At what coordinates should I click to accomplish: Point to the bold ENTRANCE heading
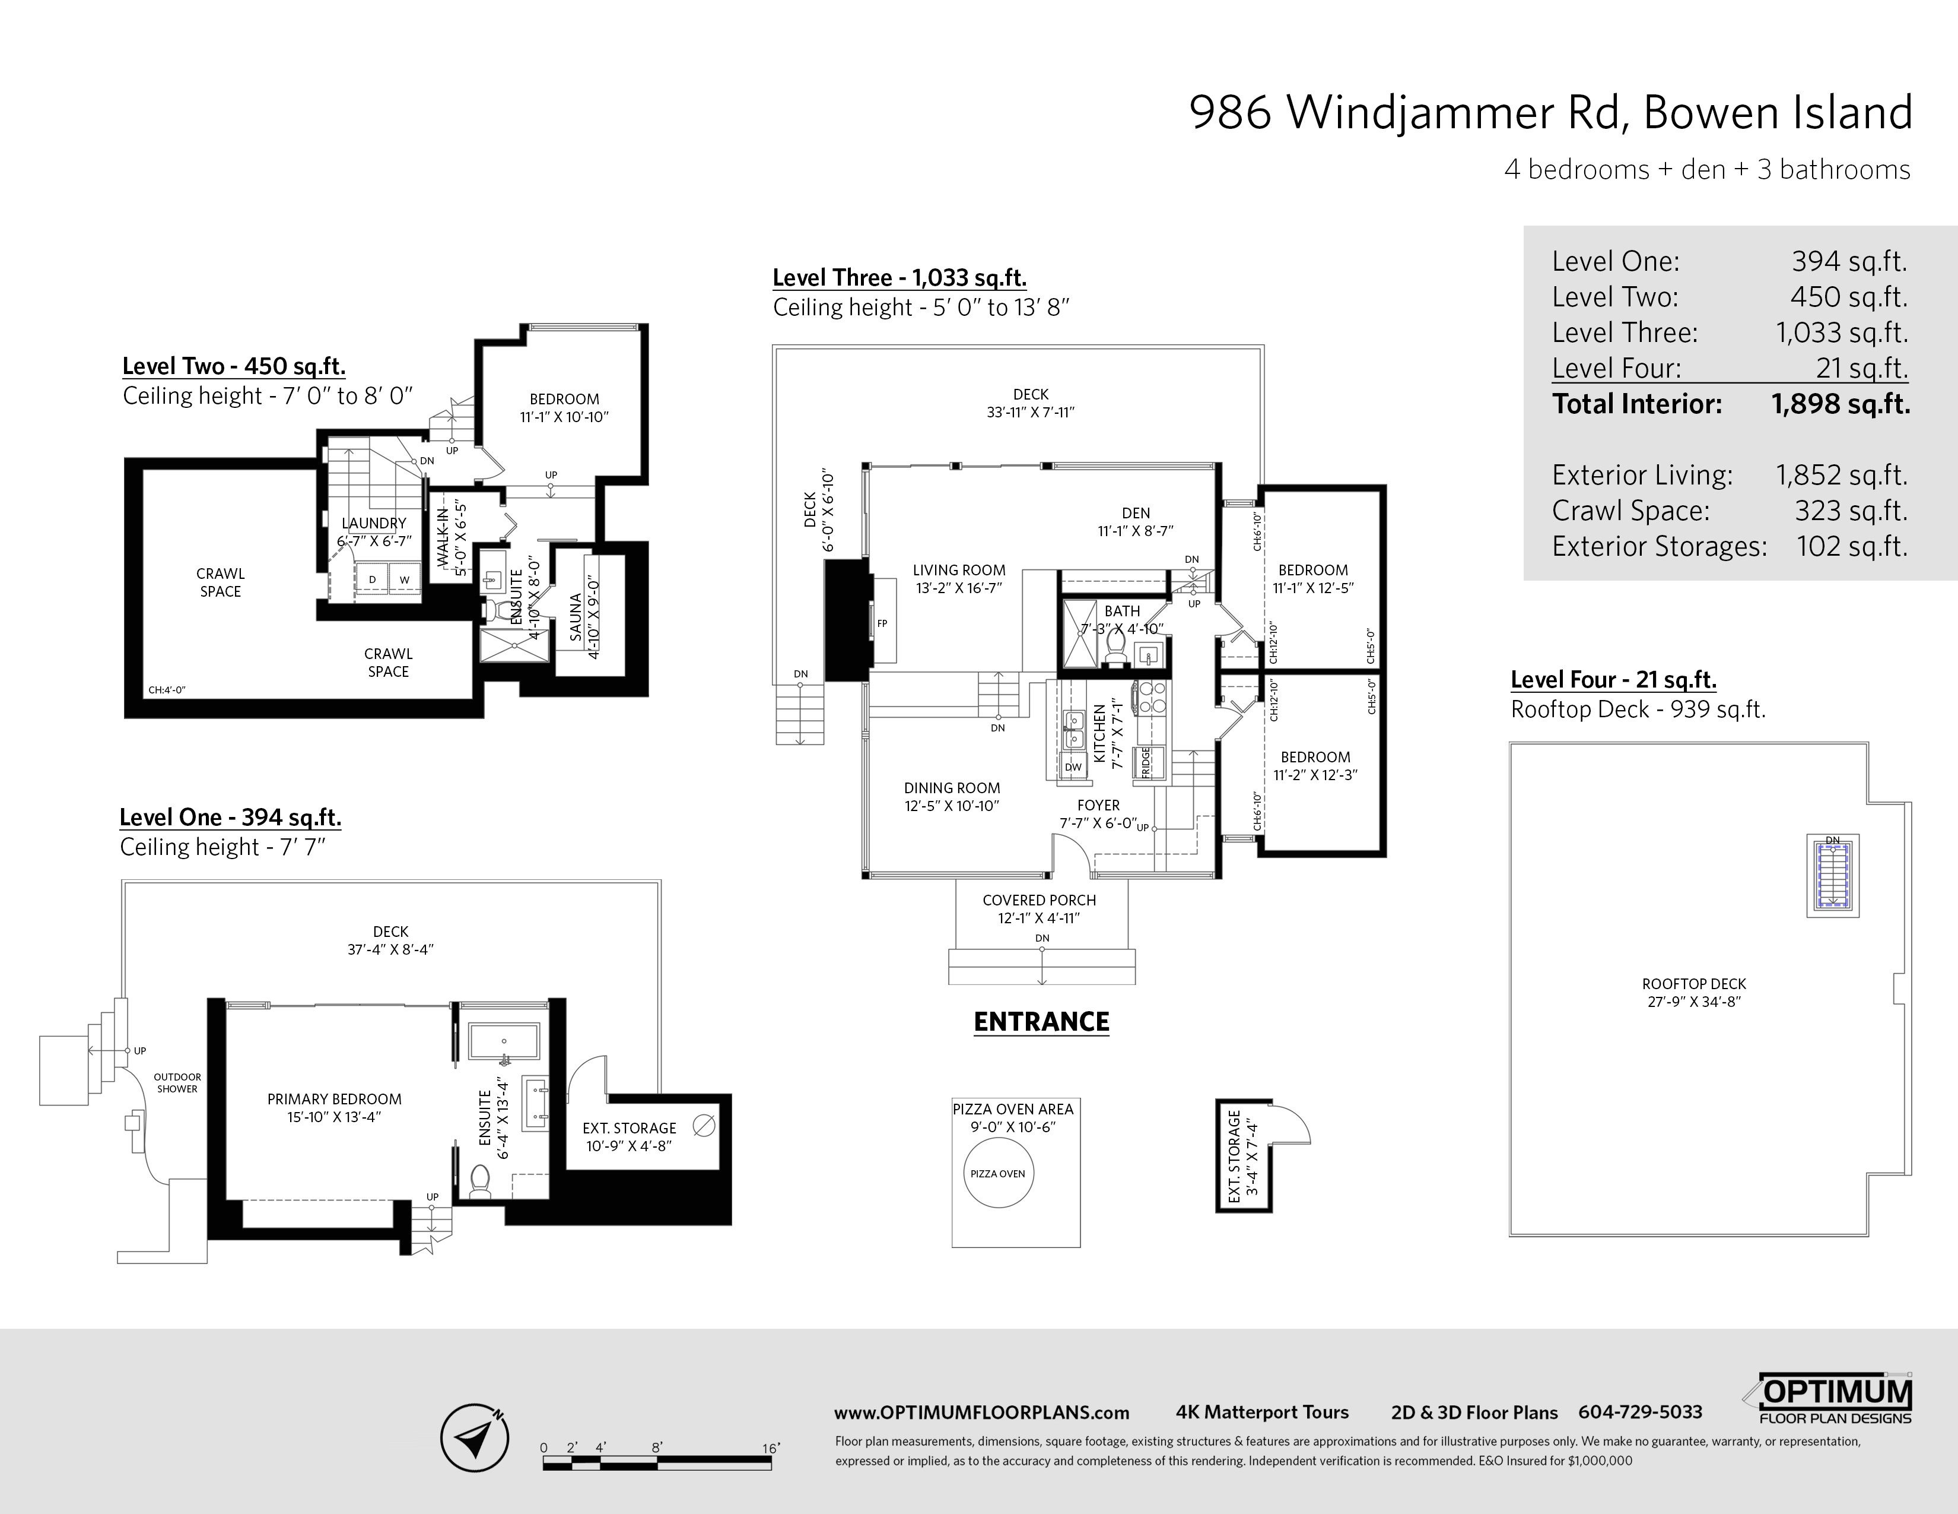click(x=1041, y=1022)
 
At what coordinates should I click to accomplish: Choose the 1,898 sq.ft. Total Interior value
click(x=1841, y=404)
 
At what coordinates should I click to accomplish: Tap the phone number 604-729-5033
click(x=1640, y=1412)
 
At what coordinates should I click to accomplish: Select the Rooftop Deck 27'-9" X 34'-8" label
click(x=1693, y=993)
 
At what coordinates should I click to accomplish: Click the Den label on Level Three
click(x=1136, y=522)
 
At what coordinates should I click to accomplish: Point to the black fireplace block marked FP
click(x=847, y=620)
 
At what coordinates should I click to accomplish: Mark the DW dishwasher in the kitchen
click(x=1073, y=767)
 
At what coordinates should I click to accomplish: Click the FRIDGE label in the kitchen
click(x=1146, y=762)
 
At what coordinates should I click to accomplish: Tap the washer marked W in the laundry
click(x=404, y=579)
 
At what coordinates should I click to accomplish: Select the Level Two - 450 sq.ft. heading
click(x=234, y=366)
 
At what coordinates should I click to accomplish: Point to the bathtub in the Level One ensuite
click(x=504, y=1042)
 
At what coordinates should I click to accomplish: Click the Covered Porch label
click(x=1039, y=908)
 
